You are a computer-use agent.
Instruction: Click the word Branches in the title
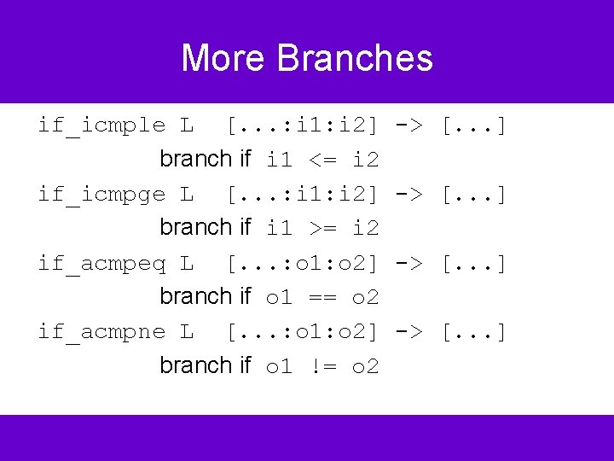tap(355, 58)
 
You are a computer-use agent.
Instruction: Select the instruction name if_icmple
tap(101, 126)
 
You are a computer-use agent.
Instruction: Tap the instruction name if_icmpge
tap(101, 195)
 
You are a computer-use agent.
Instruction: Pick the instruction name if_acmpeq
tap(101, 263)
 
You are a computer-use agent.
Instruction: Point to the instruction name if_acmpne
tap(101, 331)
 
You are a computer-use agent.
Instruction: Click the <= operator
tap(322, 160)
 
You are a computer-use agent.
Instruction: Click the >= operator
tap(322, 228)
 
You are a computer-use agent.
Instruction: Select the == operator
tap(322, 297)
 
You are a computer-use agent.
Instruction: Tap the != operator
tap(322, 366)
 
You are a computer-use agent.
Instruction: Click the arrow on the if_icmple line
tap(408, 126)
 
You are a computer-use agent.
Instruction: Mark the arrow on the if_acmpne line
tap(408, 331)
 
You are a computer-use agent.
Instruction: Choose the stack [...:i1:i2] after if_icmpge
tap(302, 195)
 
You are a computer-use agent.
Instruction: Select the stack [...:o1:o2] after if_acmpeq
tap(302, 263)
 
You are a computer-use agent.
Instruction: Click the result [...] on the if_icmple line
tap(473, 126)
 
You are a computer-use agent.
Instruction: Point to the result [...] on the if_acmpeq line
tap(473, 263)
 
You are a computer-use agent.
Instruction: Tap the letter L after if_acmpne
tap(187, 331)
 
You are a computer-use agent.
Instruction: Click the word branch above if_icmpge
tap(195, 159)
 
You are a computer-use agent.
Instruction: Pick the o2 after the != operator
tap(365, 366)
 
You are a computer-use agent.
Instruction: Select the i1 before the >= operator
tap(281, 228)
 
